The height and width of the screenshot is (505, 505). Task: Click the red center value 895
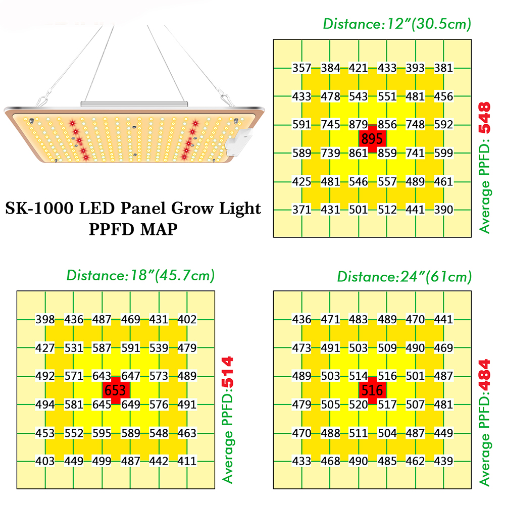(372, 139)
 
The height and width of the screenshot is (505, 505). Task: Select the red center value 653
(115, 390)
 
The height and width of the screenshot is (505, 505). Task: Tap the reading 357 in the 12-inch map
(301, 68)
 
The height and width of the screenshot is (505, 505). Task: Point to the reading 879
(358, 124)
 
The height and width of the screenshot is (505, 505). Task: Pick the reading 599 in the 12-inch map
(443, 153)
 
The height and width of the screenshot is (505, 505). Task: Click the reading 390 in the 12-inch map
(443, 210)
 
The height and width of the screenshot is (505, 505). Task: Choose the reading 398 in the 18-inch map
(45, 320)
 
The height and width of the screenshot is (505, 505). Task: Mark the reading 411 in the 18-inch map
(187, 461)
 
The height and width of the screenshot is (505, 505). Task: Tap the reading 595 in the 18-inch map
(102, 433)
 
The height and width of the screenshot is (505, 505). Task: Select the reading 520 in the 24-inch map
(358, 405)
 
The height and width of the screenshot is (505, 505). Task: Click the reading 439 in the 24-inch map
(443, 461)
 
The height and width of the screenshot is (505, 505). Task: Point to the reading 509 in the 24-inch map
(387, 348)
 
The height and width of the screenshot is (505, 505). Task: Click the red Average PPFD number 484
(484, 375)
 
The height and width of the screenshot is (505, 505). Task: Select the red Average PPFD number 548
(484, 118)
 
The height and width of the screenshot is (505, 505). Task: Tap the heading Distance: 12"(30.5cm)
(397, 24)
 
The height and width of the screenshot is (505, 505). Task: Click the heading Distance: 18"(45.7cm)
(140, 275)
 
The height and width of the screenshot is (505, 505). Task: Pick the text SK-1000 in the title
(39, 208)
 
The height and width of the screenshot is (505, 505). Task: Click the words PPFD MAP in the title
(133, 229)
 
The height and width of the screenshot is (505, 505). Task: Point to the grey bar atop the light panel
(134, 104)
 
